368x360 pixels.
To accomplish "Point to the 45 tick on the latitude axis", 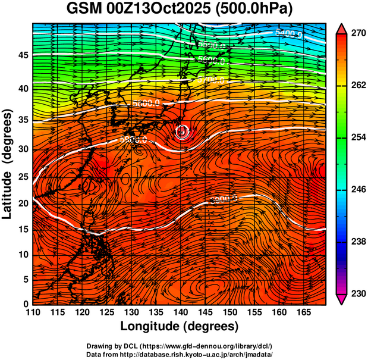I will click(x=22, y=55).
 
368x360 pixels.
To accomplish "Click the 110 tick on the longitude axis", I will click(x=33, y=312).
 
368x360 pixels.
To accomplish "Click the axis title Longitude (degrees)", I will click(x=180, y=327).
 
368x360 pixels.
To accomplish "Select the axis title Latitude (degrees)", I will click(x=8, y=164).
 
